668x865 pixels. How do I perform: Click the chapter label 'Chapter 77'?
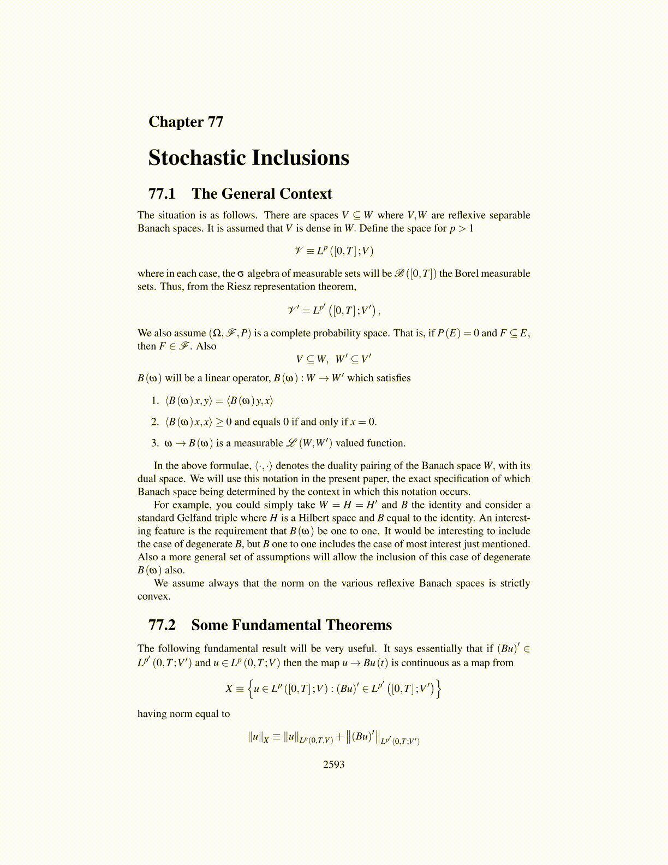[x=186, y=122]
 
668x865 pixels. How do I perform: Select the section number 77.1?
[x=162, y=194]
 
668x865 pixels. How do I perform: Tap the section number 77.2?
[x=162, y=625]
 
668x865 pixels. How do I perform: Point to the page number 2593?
[x=333, y=765]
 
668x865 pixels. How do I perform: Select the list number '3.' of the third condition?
[x=155, y=443]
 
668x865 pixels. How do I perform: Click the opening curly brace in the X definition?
[x=250, y=689]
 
